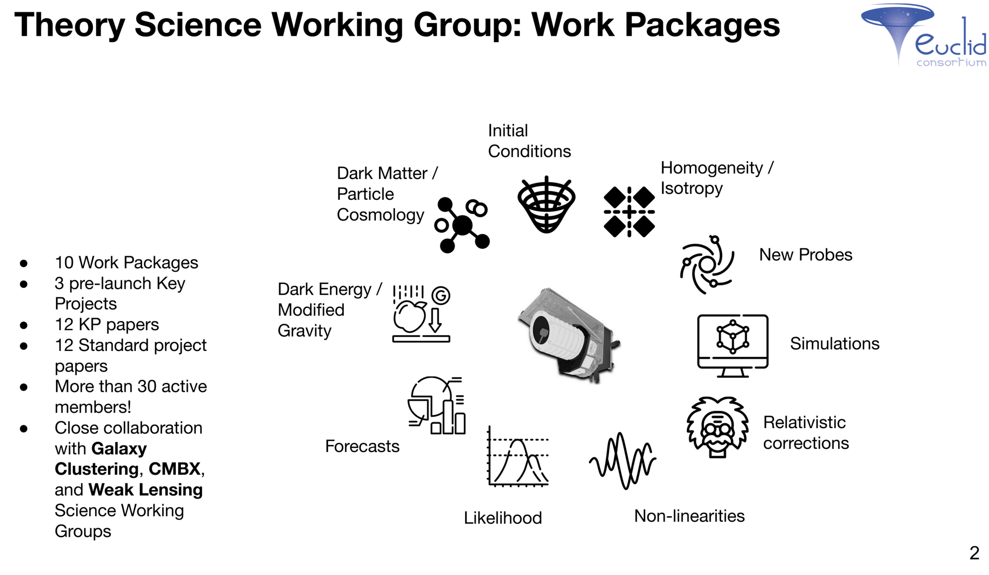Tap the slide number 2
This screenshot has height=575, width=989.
(x=974, y=553)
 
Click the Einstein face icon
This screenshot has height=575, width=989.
(x=717, y=427)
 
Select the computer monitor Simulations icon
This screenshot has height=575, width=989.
(x=732, y=345)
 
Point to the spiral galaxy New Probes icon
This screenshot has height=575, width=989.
(x=707, y=264)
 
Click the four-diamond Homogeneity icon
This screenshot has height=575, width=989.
(x=629, y=212)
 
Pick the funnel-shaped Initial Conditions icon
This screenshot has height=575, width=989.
(x=546, y=205)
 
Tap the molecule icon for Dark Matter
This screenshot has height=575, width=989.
(x=462, y=225)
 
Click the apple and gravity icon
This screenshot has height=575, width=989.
(x=421, y=313)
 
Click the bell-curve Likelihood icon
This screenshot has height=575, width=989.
(x=518, y=456)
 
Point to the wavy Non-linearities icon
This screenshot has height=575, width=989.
(x=622, y=460)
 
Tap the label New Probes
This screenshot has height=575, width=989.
(x=806, y=255)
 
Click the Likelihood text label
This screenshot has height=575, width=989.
(x=502, y=518)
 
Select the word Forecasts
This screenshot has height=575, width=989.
(x=362, y=446)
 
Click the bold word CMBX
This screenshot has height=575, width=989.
(x=174, y=469)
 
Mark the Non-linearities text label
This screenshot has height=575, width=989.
(x=689, y=516)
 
